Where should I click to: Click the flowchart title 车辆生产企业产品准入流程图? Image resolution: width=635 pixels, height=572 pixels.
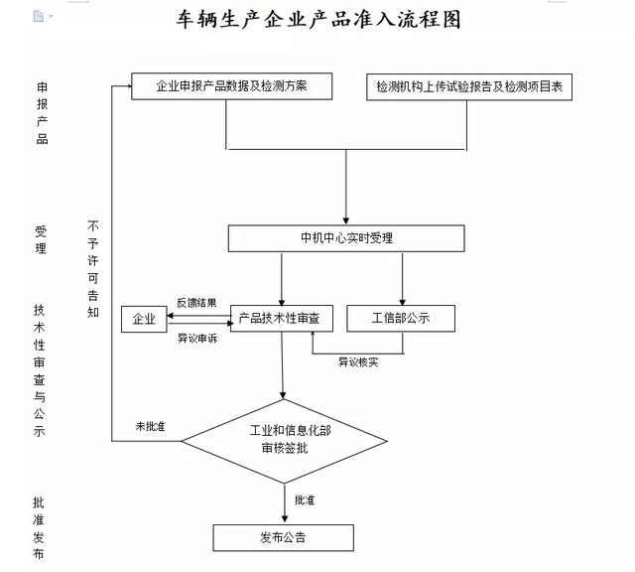coord(317,21)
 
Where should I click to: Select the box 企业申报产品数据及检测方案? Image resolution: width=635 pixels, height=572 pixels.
coord(231,86)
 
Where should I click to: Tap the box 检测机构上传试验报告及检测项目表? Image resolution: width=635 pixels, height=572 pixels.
coord(469,87)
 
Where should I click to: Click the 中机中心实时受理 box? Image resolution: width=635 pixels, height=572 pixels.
coord(346,238)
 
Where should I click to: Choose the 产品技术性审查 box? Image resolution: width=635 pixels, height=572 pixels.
coord(282,318)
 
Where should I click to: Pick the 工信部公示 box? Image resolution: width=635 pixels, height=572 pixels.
coord(401,318)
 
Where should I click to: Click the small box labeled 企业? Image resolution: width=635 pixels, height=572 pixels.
coord(145,319)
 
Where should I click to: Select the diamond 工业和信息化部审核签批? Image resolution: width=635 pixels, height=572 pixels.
coord(284,440)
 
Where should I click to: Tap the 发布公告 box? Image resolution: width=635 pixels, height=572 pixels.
coord(283,538)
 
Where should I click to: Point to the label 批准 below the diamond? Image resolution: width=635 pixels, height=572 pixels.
coord(304,500)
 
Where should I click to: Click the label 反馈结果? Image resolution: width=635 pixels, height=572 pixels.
coord(196,303)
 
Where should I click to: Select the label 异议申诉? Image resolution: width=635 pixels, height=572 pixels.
coord(196,338)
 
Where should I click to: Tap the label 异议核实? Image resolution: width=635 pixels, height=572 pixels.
coord(357,361)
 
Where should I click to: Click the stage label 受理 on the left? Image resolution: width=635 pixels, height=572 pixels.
coord(41,239)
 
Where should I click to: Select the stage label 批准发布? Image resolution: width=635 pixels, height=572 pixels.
coord(39,527)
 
